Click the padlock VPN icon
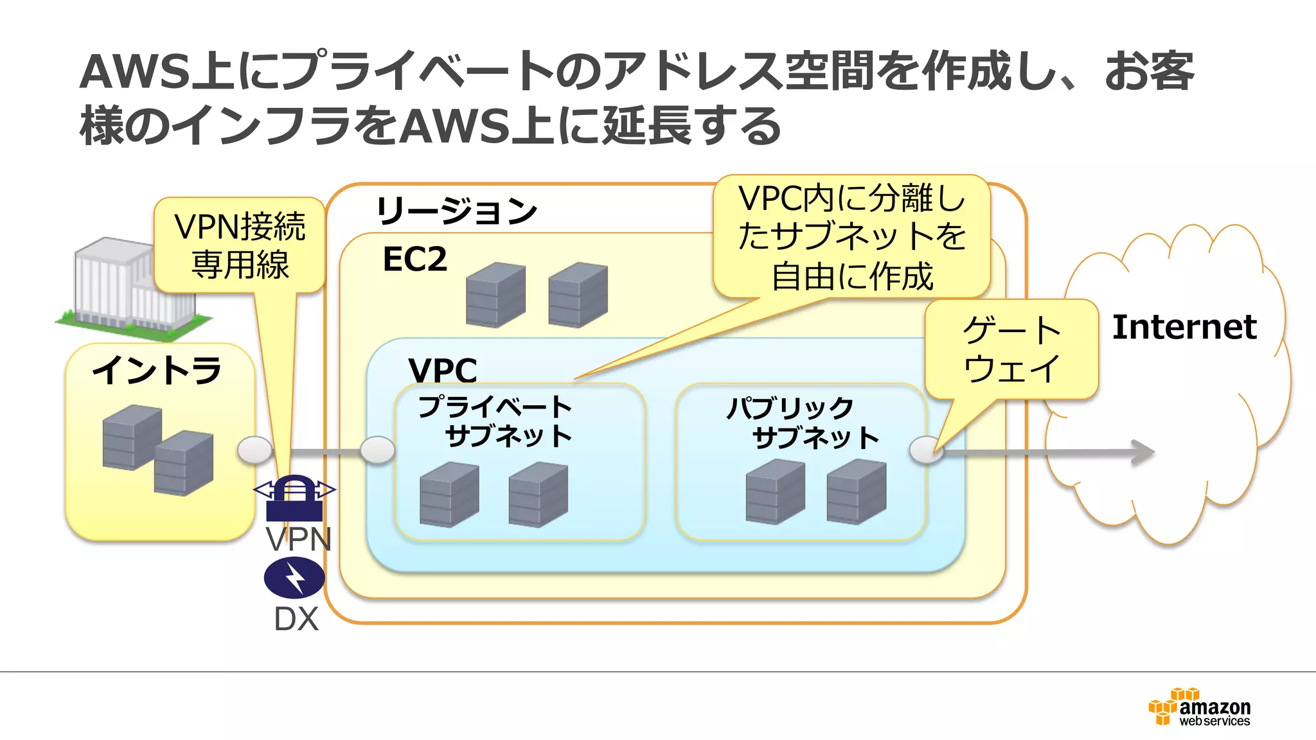[x=294, y=498]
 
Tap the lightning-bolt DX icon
[x=294, y=577]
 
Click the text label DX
[x=296, y=619]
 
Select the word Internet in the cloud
[x=1184, y=327]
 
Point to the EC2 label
[x=414, y=260]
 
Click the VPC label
[x=443, y=370]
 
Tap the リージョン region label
[x=456, y=211]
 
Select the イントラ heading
[x=157, y=371]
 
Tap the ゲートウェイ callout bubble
[x=1011, y=349]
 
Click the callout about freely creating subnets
[x=851, y=236]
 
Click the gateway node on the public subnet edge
[x=926, y=450]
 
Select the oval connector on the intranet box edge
[x=254, y=450]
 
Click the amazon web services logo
[x=1199, y=707]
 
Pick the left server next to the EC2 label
[x=495, y=295]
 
